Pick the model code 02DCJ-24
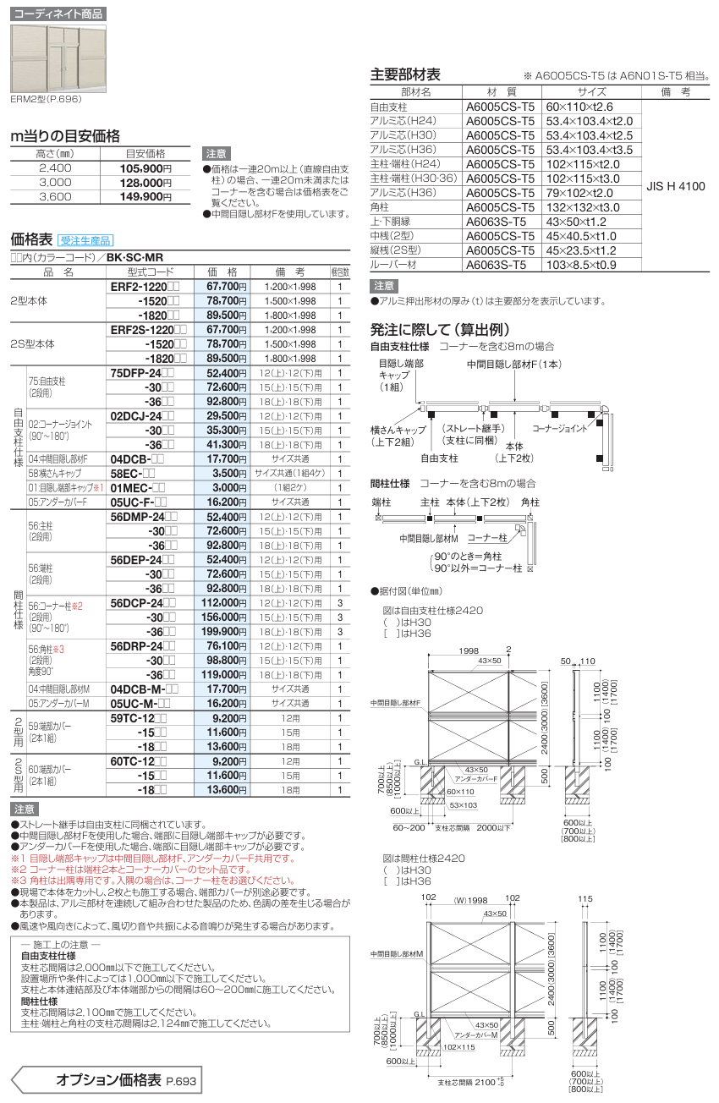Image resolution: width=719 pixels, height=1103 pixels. pos(142,415)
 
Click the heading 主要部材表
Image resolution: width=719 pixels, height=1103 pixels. pos(406,74)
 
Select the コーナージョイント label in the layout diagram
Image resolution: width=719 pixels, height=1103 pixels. pos(563,429)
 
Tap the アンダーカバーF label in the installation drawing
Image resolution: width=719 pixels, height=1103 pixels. pos(473,777)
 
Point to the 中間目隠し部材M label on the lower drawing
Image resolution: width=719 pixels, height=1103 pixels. pos(399,953)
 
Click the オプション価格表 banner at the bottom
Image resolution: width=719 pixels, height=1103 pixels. pos(107,1080)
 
